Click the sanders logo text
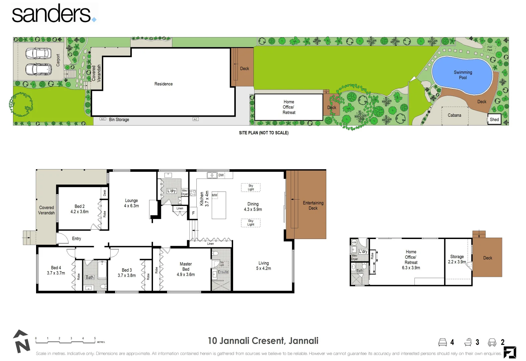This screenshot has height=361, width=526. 52,14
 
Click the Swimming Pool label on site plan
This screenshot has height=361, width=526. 463,75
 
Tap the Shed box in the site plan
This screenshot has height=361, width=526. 494,119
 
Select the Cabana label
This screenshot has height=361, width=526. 454,115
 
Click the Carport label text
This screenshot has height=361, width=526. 58,60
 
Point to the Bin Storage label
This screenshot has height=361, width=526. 119,119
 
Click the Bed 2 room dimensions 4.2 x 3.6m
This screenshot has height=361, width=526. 79,212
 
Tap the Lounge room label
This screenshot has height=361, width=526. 131,201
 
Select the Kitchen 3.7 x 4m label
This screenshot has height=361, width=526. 204,199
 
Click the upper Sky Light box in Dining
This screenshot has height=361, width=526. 250,188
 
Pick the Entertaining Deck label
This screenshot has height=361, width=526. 313,205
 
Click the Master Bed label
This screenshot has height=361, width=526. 186,266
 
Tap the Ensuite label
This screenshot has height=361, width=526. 223,272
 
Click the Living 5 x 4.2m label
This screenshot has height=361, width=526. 264,266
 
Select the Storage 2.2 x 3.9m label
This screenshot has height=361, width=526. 457,259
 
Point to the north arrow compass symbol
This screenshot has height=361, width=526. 21,342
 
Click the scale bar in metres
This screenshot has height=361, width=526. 65,341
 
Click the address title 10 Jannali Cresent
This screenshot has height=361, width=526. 263,341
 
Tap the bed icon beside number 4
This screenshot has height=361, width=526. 443,342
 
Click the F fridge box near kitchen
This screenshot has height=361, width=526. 193,213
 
